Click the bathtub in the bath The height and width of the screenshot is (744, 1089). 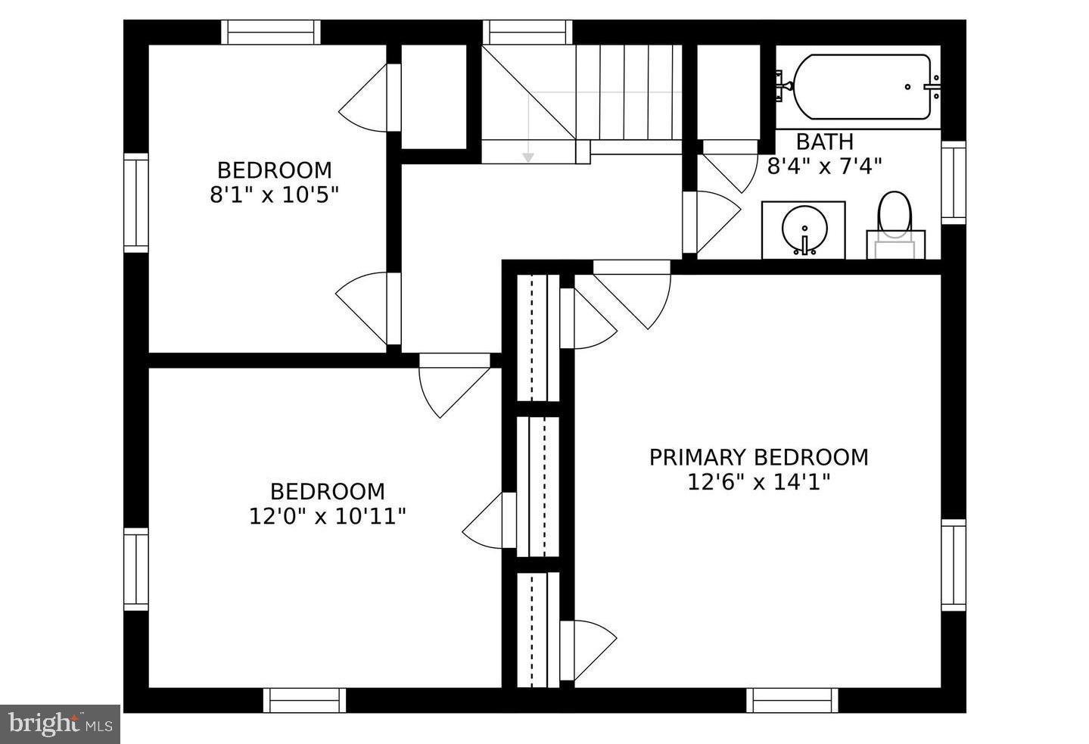[860, 86]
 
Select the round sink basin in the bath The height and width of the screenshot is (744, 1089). [803, 226]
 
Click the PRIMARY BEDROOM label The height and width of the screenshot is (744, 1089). [758, 457]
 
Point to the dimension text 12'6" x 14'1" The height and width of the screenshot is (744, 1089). [758, 482]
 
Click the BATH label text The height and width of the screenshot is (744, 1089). [824, 142]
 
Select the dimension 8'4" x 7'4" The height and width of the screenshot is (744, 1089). [824, 166]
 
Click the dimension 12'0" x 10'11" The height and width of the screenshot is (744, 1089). [327, 516]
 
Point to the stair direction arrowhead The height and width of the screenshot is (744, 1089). [527, 157]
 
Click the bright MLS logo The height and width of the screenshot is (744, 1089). [61, 724]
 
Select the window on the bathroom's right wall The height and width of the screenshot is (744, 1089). [953, 182]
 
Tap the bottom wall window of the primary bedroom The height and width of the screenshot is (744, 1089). [792, 700]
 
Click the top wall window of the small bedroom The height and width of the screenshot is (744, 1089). [270, 33]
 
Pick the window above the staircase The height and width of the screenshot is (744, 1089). [527, 33]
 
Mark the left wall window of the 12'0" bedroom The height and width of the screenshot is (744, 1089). [136, 569]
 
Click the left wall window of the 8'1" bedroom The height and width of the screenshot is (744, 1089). [136, 202]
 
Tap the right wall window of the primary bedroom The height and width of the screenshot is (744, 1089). [953, 565]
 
